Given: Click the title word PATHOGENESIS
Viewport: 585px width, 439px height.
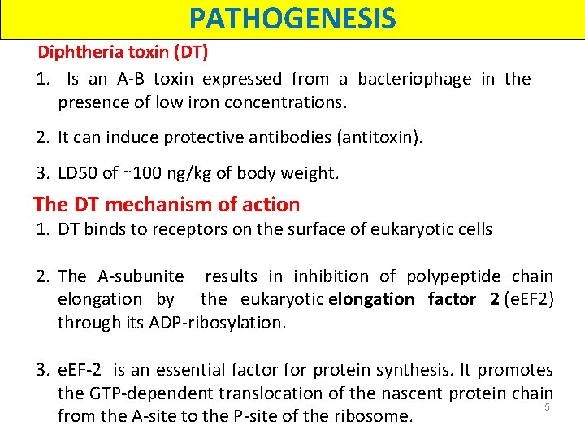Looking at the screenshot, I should (292, 18).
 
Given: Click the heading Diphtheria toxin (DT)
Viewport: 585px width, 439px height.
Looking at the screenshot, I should (123, 53).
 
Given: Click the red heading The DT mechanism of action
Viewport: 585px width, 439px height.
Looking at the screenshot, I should (167, 204).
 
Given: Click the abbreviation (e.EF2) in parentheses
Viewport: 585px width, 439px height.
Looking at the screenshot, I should (529, 299).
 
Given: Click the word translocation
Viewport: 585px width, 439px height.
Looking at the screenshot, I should (259, 393).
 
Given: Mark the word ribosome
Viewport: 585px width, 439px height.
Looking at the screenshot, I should (375, 417).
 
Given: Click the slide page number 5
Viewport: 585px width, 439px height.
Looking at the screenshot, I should (548, 406).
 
